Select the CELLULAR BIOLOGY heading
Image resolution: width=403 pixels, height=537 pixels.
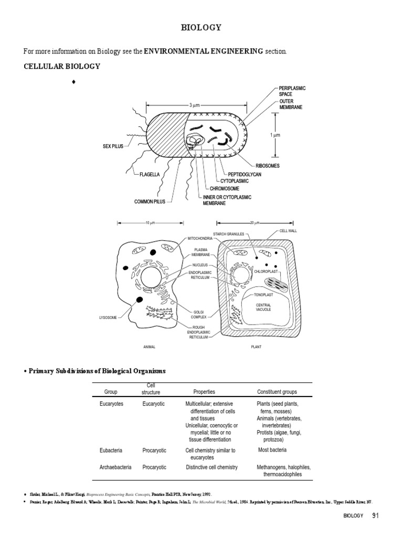coord(61,67)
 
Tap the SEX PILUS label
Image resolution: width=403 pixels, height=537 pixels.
coord(113,146)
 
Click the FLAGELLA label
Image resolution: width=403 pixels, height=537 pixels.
coord(150,174)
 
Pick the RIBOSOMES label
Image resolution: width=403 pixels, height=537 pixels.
coord(267,166)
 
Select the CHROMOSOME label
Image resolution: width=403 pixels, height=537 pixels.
coord(225,188)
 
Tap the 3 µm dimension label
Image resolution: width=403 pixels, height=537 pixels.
coord(195,105)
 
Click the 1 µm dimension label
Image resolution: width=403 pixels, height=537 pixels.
coord(275,135)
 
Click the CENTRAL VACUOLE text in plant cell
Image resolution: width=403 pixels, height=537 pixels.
coord(263,307)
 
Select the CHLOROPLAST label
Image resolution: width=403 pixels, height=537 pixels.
coord(266,272)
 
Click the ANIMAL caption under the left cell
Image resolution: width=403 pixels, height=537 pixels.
coord(150,347)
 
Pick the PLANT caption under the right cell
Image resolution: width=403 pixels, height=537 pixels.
coord(256,347)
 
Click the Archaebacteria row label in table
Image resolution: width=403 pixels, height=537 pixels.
coord(115,467)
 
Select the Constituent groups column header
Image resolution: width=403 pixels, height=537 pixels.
coord(277,392)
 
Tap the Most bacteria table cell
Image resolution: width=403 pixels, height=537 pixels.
coord(272,450)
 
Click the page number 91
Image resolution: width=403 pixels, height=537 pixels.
coord(375,516)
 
